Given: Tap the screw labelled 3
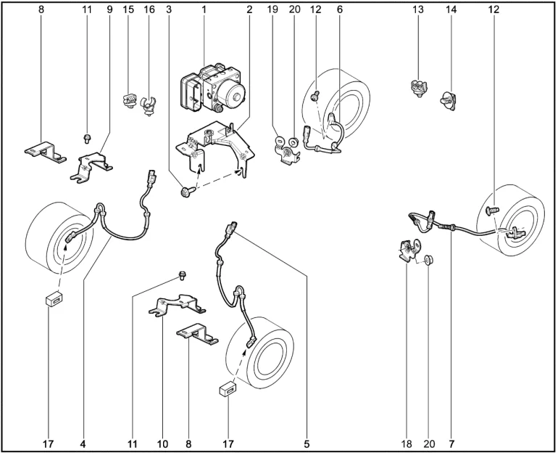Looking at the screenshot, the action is [187, 192].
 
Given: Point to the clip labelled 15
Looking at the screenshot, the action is [130, 100].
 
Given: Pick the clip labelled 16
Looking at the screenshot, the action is [149, 106].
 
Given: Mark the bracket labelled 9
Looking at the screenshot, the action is [91, 167].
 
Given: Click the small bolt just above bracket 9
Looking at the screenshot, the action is [86, 139].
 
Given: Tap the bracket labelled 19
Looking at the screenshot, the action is [287, 152].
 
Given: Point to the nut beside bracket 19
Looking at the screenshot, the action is [293, 142].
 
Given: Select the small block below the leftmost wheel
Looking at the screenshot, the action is [54, 298].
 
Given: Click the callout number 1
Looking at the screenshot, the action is [204, 9].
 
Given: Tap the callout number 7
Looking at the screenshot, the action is [451, 444].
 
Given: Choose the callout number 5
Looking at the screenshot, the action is [307, 444].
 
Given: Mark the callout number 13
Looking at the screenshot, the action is [418, 9].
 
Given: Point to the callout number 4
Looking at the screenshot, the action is [83, 444].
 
